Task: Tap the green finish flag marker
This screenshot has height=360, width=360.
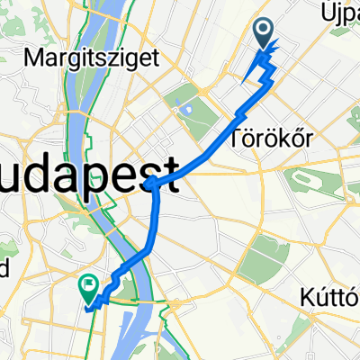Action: point(89,287)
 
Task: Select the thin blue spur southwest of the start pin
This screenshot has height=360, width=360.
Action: point(248,74)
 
